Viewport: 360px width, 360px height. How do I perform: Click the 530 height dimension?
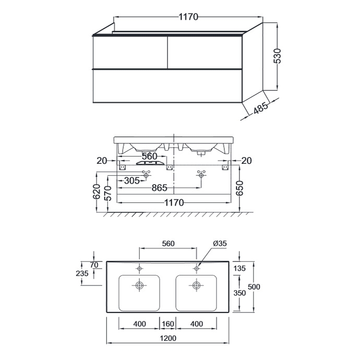click(x=278, y=56)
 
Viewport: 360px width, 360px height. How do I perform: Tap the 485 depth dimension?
click(x=261, y=107)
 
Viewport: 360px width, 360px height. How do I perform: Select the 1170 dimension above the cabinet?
click(x=188, y=17)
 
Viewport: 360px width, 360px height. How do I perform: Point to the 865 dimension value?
click(x=159, y=188)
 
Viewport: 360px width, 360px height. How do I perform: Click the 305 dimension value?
click(x=132, y=181)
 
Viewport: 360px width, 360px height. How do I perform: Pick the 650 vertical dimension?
click(x=239, y=188)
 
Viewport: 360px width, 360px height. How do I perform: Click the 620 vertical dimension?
click(x=97, y=191)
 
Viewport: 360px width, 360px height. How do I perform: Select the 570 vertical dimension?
click(x=107, y=194)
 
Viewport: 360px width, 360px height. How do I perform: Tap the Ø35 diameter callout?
click(x=220, y=243)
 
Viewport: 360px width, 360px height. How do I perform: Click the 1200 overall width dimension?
click(x=168, y=338)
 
